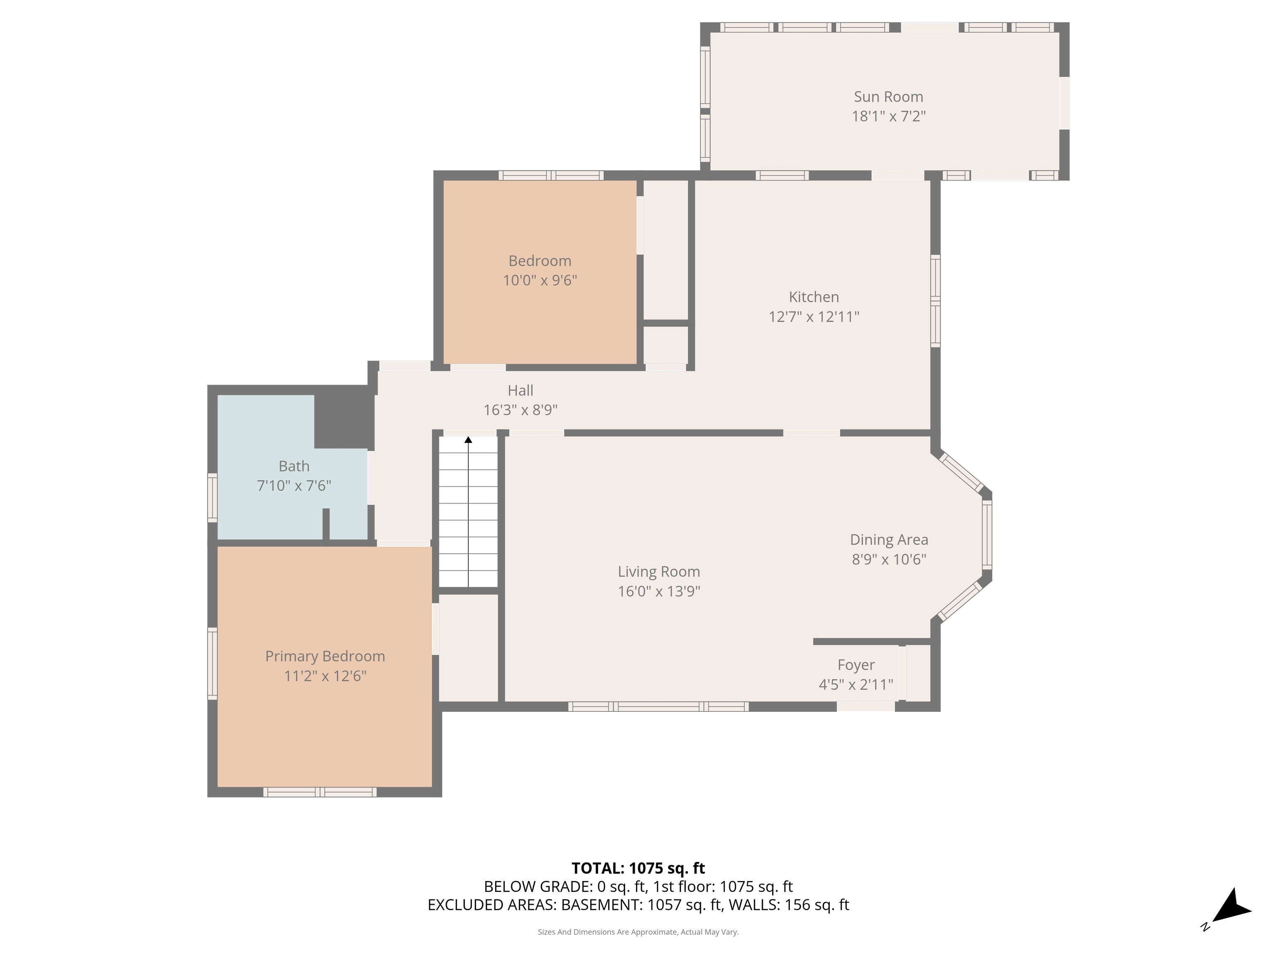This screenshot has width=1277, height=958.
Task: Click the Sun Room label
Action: [888, 96]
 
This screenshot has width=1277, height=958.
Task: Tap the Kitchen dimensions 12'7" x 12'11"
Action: [814, 316]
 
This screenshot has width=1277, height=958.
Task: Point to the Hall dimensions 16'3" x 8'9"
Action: [520, 410]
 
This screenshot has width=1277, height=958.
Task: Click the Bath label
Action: [294, 466]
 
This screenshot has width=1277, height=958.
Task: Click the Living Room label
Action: [659, 572]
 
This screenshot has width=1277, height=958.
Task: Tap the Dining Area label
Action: [888, 540]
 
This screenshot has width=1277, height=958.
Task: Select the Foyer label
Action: [855, 665]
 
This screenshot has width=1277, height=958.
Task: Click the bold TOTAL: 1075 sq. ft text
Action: [638, 868]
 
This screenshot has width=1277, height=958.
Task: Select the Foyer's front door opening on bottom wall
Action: [865, 706]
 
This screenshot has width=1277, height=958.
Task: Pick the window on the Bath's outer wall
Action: [212, 498]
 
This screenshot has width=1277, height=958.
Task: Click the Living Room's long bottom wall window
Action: [658, 706]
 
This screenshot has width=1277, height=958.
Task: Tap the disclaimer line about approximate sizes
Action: [638, 932]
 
